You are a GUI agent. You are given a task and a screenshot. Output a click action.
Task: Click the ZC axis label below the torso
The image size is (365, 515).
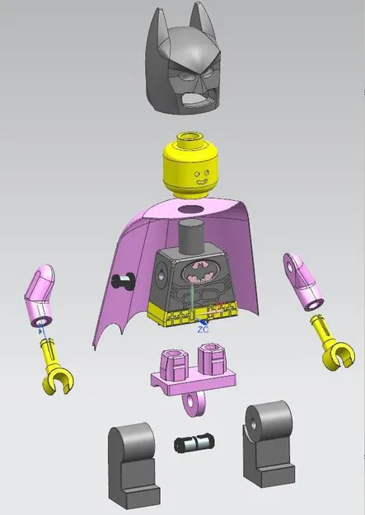point(204,328)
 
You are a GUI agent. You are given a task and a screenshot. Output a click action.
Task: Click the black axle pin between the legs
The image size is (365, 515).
point(194,444)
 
